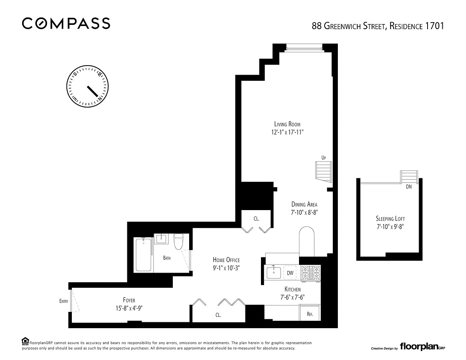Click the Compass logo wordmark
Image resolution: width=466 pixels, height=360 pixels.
[x=66, y=23]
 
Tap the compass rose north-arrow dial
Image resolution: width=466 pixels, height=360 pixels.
[x=87, y=86]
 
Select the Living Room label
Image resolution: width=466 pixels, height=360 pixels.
[x=287, y=124]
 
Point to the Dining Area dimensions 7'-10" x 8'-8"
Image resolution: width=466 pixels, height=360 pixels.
[x=304, y=212]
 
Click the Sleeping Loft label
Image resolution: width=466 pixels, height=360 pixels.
[x=390, y=219]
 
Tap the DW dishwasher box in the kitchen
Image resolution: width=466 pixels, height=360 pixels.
[x=290, y=273]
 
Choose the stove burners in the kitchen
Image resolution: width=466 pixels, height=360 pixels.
[x=311, y=273]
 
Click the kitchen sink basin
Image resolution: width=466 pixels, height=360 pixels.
[x=274, y=273]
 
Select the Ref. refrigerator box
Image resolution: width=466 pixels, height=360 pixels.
[x=310, y=313]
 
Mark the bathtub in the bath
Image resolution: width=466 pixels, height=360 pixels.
[x=143, y=255]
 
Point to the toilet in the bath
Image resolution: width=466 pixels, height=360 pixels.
[x=178, y=242]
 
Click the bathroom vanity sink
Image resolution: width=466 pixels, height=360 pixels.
[x=161, y=239]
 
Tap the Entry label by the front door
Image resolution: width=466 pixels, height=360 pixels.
[x=64, y=301]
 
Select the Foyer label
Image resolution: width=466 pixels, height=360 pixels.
[x=129, y=300]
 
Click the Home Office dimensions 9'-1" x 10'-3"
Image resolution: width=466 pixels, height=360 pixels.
[x=226, y=268]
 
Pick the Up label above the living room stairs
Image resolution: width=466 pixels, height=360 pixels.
[x=323, y=158]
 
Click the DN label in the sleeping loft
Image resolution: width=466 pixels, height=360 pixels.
[x=409, y=187]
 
